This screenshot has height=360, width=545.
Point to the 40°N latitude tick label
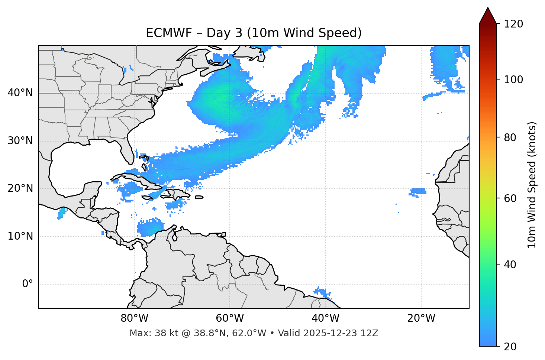(x=20, y=93)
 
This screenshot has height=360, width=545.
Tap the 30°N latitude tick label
(x=20, y=141)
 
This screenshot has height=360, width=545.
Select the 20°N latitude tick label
(x=20, y=188)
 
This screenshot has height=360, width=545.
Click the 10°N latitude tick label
(x=20, y=236)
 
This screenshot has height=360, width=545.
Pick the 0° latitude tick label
(x=28, y=284)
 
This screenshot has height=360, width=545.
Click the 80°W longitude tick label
(x=134, y=318)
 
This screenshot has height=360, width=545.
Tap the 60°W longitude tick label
(x=229, y=318)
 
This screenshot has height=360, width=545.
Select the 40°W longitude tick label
(x=325, y=318)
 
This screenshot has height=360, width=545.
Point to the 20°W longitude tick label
(x=421, y=318)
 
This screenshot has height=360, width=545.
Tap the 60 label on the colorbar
(x=510, y=198)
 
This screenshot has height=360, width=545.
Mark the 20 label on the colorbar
(x=510, y=347)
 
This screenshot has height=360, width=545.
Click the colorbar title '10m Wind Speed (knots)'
(x=532, y=185)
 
